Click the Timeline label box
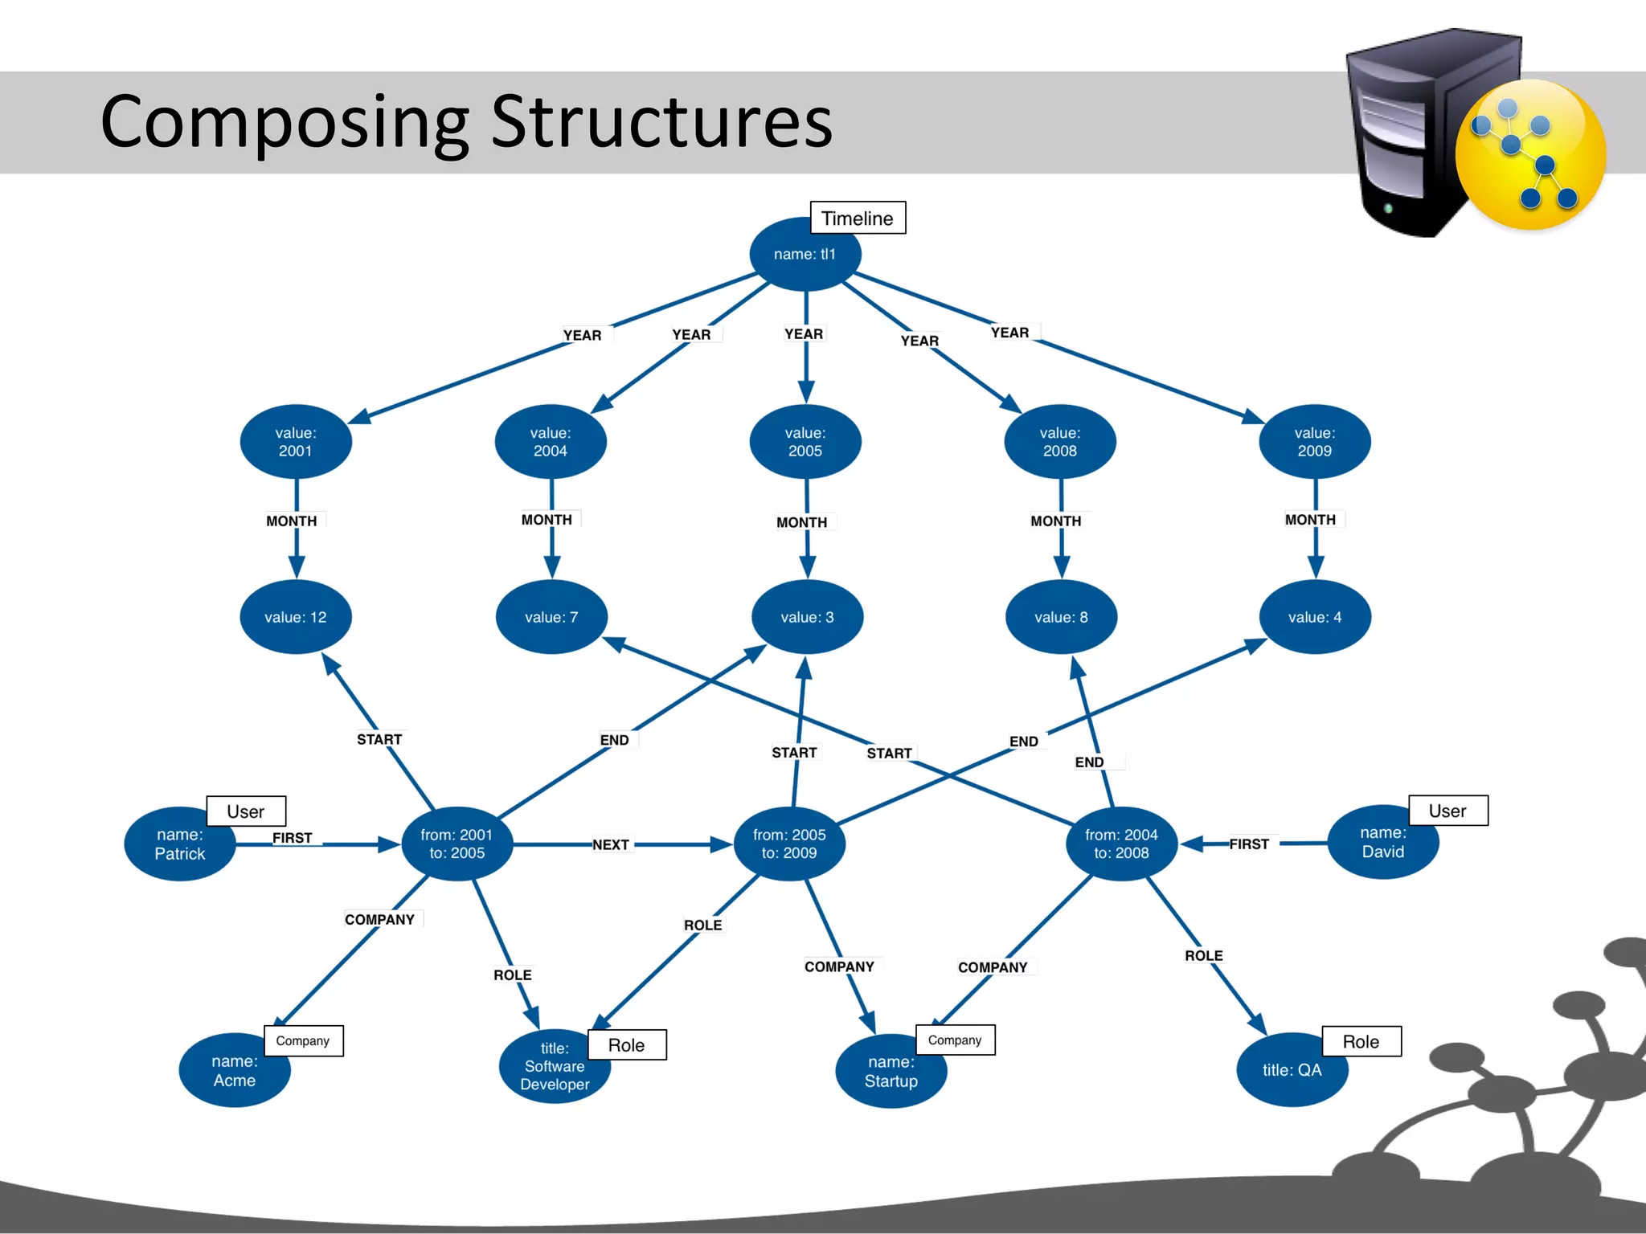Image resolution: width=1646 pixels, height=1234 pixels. [857, 218]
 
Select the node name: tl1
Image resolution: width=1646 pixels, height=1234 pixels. [805, 255]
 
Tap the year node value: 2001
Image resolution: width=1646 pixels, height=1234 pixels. [296, 442]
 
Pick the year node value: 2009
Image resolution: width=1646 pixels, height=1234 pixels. [1314, 442]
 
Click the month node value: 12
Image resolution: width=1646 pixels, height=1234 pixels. [296, 617]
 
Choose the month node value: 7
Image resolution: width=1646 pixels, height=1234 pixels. [551, 617]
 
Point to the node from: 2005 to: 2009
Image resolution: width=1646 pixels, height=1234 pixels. [789, 844]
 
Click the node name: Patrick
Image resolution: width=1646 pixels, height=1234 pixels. [180, 844]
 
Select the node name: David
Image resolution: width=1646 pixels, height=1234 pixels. [1382, 843]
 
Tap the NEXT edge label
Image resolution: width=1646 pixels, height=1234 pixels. [611, 844]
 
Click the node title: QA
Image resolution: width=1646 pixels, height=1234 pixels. [1292, 1070]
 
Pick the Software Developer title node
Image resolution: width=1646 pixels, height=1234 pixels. [555, 1067]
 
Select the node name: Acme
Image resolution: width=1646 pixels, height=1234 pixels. [234, 1071]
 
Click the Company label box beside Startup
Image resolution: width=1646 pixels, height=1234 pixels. [955, 1040]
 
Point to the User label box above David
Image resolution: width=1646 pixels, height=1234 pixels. [1447, 811]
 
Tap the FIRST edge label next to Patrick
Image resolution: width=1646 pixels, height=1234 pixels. [292, 838]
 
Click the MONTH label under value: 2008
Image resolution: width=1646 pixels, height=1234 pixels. [1056, 521]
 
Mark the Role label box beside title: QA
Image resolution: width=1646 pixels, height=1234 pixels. [1361, 1042]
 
